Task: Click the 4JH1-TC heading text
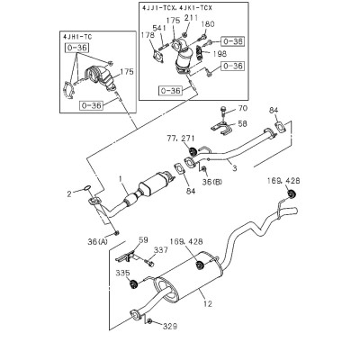point(77,37)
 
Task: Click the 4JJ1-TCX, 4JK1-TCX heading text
point(177,8)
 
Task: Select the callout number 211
point(191,18)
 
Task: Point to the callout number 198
point(219,54)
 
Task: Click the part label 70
point(242,108)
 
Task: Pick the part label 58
point(242,123)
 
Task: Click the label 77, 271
point(181,139)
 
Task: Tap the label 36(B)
point(212,182)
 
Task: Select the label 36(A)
point(97,241)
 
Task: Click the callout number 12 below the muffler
point(208,304)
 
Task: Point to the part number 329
point(170,326)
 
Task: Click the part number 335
point(123,273)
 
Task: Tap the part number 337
point(161,250)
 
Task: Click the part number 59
point(143,239)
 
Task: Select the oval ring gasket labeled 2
point(87,188)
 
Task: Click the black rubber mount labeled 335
point(133,284)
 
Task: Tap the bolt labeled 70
point(223,111)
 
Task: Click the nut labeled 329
point(149,322)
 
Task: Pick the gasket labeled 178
point(157,58)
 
